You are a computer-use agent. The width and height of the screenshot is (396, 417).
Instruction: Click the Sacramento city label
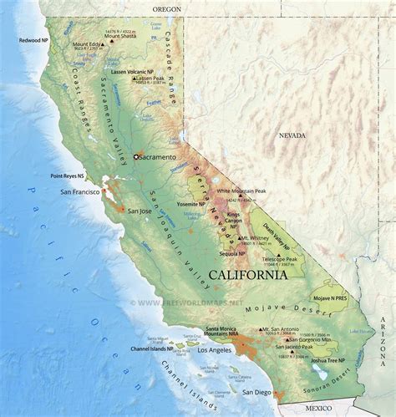(x=158, y=157)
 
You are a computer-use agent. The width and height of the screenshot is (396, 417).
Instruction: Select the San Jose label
(x=138, y=211)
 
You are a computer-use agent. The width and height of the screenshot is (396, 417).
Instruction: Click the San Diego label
(x=256, y=391)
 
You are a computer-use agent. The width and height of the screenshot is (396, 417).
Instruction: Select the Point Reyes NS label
(x=68, y=176)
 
